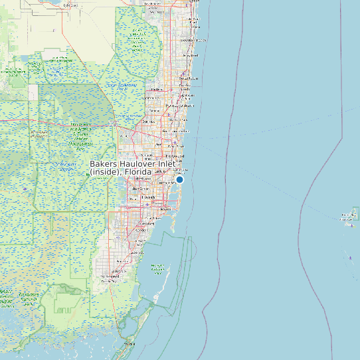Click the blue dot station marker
point(179,179)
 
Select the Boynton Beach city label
point(191,40)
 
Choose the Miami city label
point(165,209)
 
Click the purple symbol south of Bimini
point(350,258)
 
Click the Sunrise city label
point(149,122)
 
